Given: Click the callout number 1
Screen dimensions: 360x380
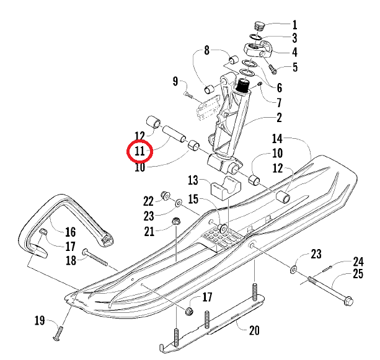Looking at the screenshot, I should click(x=294, y=25).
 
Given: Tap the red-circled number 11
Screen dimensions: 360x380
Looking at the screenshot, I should click(x=139, y=151).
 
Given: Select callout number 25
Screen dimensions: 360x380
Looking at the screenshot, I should click(x=358, y=273).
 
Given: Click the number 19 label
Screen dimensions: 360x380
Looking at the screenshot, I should click(x=40, y=320).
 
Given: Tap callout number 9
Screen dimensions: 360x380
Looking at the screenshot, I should click(x=175, y=81).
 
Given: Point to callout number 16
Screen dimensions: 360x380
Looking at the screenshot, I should click(x=70, y=232).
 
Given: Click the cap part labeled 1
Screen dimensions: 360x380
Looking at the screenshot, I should click(x=259, y=27).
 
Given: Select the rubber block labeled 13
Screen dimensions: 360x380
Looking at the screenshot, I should click(x=225, y=187).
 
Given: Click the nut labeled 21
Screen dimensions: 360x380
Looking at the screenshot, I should click(x=175, y=221).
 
